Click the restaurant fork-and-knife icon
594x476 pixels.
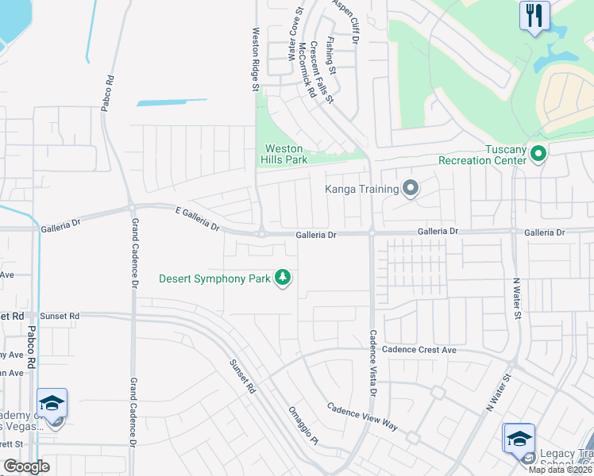(534, 14)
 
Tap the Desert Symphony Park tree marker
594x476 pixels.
(282, 278)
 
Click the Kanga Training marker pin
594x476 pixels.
(410, 188)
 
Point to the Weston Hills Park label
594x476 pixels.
(285, 154)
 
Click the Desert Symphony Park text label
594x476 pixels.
(215, 278)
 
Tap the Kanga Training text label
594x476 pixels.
(361, 189)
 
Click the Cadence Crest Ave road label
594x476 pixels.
(419, 349)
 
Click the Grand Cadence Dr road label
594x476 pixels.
(134, 253)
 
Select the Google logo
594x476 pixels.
(26, 466)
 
